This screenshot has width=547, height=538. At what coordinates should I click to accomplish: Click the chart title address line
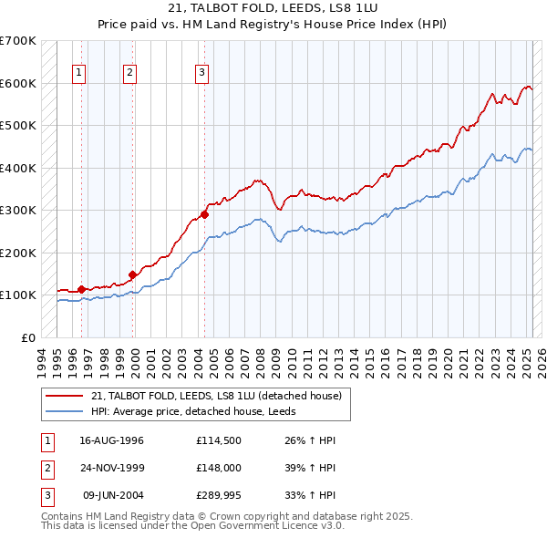coord(273,7)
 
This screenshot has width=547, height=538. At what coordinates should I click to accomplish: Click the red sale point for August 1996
coord(82,289)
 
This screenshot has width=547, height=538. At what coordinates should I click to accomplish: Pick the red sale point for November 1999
coord(133,274)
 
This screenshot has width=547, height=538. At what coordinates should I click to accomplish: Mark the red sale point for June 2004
coord(204,215)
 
